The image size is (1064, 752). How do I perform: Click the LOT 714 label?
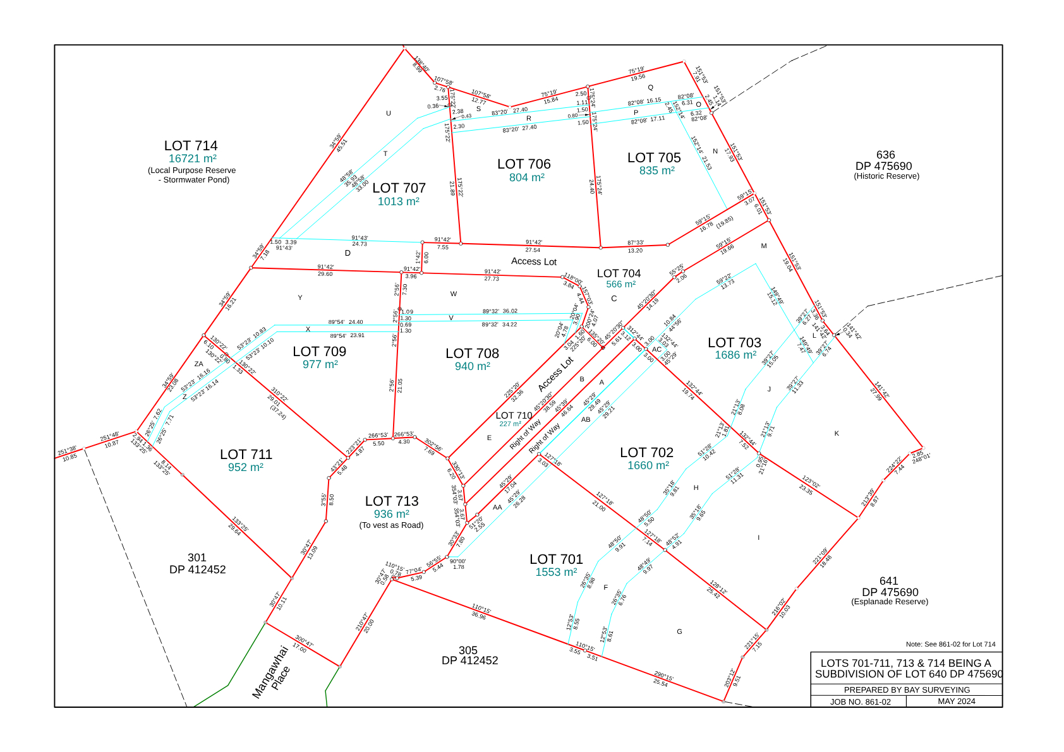click(191, 146)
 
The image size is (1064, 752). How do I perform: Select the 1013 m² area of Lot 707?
click(399, 201)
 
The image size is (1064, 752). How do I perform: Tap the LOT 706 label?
click(524, 164)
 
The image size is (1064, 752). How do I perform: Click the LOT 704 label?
click(619, 273)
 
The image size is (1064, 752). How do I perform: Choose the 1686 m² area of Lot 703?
click(735, 355)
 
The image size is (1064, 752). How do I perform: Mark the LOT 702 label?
click(646, 453)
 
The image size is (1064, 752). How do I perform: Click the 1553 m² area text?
click(556, 572)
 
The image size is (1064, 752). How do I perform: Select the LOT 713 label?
click(392, 501)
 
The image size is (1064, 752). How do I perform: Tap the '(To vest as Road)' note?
click(392, 525)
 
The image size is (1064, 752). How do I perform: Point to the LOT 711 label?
click(246, 455)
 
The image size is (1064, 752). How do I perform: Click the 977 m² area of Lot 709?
click(320, 364)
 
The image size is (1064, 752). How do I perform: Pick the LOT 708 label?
click(472, 354)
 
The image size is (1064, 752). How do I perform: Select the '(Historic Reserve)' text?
click(886, 176)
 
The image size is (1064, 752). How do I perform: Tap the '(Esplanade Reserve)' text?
click(890, 602)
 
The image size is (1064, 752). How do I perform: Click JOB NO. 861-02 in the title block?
click(860, 702)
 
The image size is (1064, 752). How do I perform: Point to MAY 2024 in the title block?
click(956, 701)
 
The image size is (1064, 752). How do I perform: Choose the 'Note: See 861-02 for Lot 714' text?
click(950, 645)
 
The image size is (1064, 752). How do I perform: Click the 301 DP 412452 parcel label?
click(197, 563)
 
